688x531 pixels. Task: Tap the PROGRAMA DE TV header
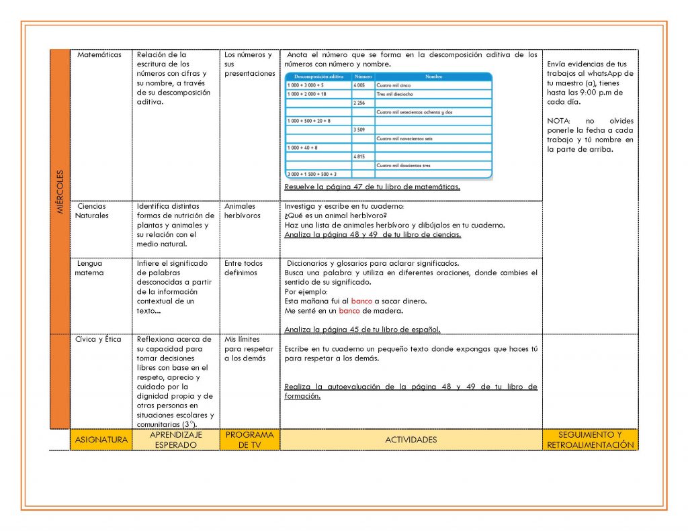coord(249,440)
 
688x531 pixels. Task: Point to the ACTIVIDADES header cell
coord(411,440)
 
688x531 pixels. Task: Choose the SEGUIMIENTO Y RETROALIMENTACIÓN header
coord(590,440)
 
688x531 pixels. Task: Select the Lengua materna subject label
coord(89,268)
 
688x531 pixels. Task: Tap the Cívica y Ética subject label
coord(99,340)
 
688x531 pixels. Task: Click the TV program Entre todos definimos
coord(243,268)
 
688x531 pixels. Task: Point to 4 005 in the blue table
coord(360,86)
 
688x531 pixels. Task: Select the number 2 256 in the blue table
coord(360,103)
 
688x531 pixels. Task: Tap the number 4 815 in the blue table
coord(360,156)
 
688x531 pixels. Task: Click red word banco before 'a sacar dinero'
coord(361,301)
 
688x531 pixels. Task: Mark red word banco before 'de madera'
coord(349,311)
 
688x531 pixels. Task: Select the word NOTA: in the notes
coord(558,121)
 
